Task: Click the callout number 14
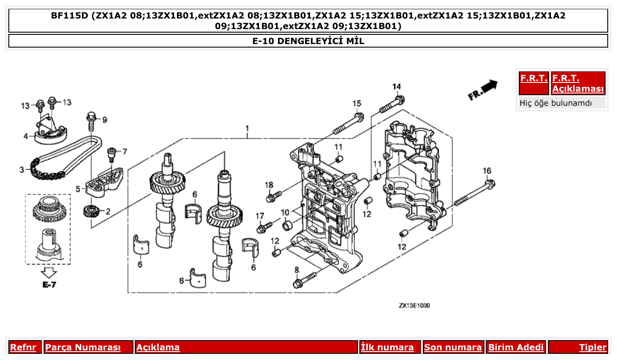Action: point(397,86)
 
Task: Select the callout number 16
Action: point(487,171)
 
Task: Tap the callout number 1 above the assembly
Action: point(247,128)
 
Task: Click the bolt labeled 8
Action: point(304,279)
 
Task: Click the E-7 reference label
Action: point(49,285)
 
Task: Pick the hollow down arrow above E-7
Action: point(49,272)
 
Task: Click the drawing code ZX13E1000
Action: point(414,305)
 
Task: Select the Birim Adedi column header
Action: point(516,347)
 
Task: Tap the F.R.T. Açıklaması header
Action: point(578,83)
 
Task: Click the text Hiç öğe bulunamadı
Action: point(556,103)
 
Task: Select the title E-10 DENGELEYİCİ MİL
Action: point(308,41)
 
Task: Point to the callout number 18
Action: point(269,184)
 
